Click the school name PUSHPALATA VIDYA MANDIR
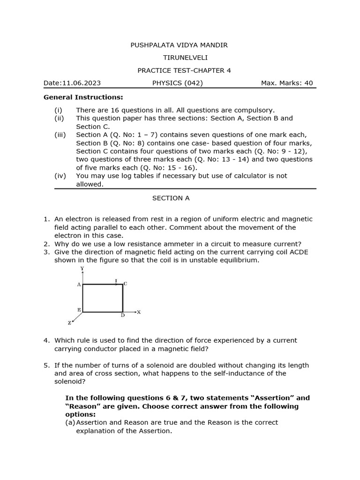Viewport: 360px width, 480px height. tap(179, 45)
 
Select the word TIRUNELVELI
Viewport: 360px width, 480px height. tap(178, 58)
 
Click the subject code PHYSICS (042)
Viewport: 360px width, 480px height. tap(178, 83)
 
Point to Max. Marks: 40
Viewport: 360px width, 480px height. tap(286, 83)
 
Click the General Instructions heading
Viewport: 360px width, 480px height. tap(83, 97)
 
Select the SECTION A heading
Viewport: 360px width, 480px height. tap(171, 198)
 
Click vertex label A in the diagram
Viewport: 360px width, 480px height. tap(79, 285)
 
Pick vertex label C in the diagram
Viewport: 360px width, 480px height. tap(126, 284)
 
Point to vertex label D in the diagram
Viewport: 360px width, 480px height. tap(122, 315)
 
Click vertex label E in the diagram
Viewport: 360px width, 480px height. tap(79, 310)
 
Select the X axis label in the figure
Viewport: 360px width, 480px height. tap(139, 312)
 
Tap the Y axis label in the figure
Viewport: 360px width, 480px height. tap(82, 269)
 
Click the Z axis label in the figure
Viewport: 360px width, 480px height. tap(70, 323)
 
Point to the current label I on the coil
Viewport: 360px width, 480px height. tap(116, 281)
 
